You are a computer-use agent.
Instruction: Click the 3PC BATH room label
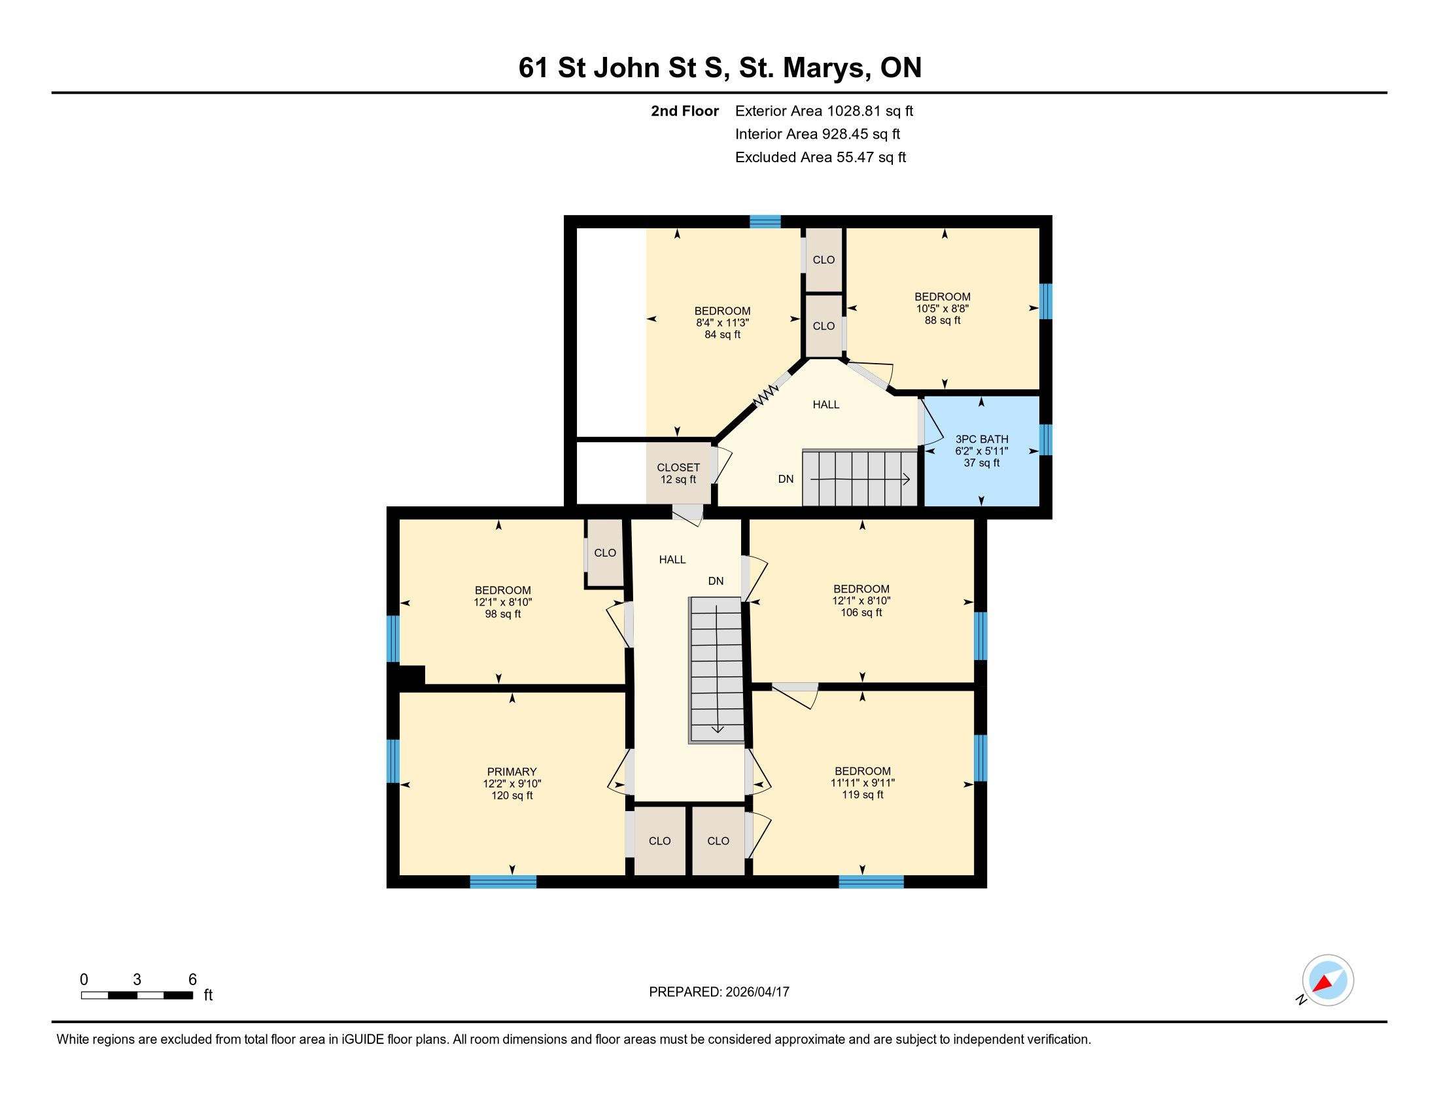point(982,440)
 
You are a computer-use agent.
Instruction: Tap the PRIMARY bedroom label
point(512,771)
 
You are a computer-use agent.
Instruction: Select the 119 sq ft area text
point(863,795)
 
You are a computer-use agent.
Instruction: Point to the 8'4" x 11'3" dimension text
point(723,322)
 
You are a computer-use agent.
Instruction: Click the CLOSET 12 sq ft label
point(679,474)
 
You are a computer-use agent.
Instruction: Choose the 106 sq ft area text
point(861,613)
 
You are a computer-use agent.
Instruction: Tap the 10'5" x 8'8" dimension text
point(942,308)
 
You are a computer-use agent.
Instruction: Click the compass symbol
point(1328,980)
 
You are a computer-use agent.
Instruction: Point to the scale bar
point(137,996)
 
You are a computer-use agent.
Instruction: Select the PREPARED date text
point(719,992)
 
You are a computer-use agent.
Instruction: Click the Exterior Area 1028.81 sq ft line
point(824,111)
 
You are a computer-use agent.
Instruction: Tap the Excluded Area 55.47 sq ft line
point(821,157)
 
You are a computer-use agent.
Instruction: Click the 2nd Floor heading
point(685,111)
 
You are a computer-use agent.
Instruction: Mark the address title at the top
point(719,67)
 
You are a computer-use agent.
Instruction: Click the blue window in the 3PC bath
point(1046,440)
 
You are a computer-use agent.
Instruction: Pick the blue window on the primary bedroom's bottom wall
point(504,882)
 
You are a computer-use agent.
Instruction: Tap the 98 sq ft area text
point(503,614)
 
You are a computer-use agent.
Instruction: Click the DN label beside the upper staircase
point(786,479)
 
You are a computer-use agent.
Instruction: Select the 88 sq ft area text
point(942,320)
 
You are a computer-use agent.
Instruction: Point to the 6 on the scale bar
point(192,980)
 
